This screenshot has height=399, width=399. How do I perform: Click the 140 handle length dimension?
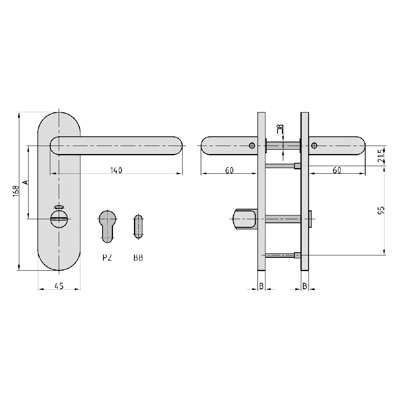coord(115,170)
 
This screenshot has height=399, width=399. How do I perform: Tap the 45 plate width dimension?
coord(59,286)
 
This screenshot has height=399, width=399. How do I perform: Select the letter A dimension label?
coord(25,182)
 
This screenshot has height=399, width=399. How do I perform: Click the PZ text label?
coord(107,258)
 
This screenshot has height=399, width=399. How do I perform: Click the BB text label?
coord(138,258)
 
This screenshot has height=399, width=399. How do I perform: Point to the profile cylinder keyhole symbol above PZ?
coord(107,225)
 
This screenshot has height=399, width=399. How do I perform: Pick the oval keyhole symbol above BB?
coord(138,226)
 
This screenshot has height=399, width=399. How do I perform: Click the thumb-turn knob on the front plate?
coord(59,219)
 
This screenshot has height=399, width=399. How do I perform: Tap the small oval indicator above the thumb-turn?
coord(59,206)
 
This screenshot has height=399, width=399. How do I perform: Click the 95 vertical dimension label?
coord(382,210)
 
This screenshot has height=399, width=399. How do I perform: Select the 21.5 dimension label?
coord(382,154)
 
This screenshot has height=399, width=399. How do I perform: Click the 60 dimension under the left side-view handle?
coord(229,170)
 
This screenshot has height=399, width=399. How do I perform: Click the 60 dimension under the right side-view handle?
coord(337,170)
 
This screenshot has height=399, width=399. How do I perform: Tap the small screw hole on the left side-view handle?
coord(252,145)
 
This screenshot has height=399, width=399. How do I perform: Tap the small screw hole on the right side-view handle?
coord(314,145)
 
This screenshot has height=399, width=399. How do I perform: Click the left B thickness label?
coord(261,286)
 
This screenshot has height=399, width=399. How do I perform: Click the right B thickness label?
coord(305,286)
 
